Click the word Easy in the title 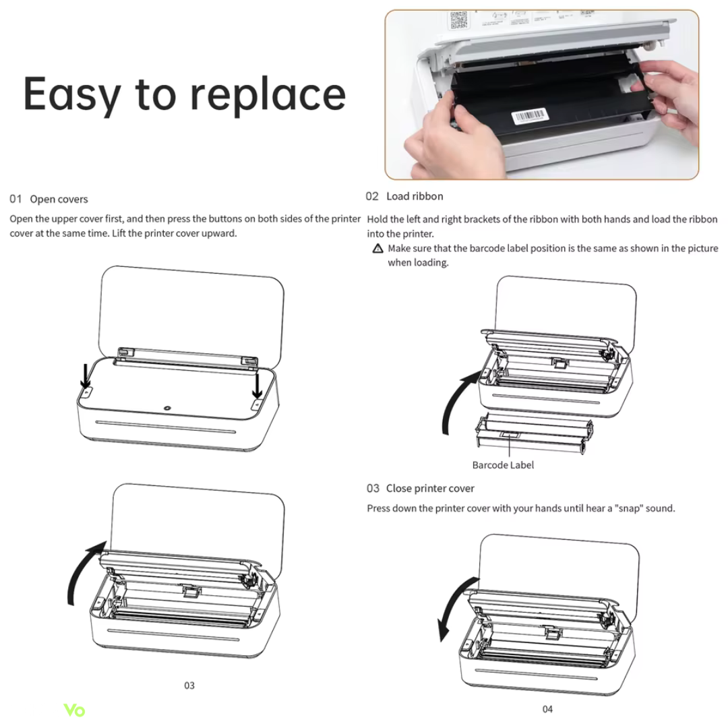tap(72, 95)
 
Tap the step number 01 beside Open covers tap(16, 199)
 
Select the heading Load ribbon tap(415, 196)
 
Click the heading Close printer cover tap(430, 489)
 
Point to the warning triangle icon tap(378, 248)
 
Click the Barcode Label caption tap(503, 464)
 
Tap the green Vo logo tap(74, 710)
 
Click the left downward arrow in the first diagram tap(86, 376)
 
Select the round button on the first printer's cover tap(167, 408)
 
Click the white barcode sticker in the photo tap(529, 116)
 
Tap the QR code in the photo tap(458, 20)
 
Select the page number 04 tap(547, 709)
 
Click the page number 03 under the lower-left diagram tap(189, 686)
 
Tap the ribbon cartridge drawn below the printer tap(534, 433)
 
